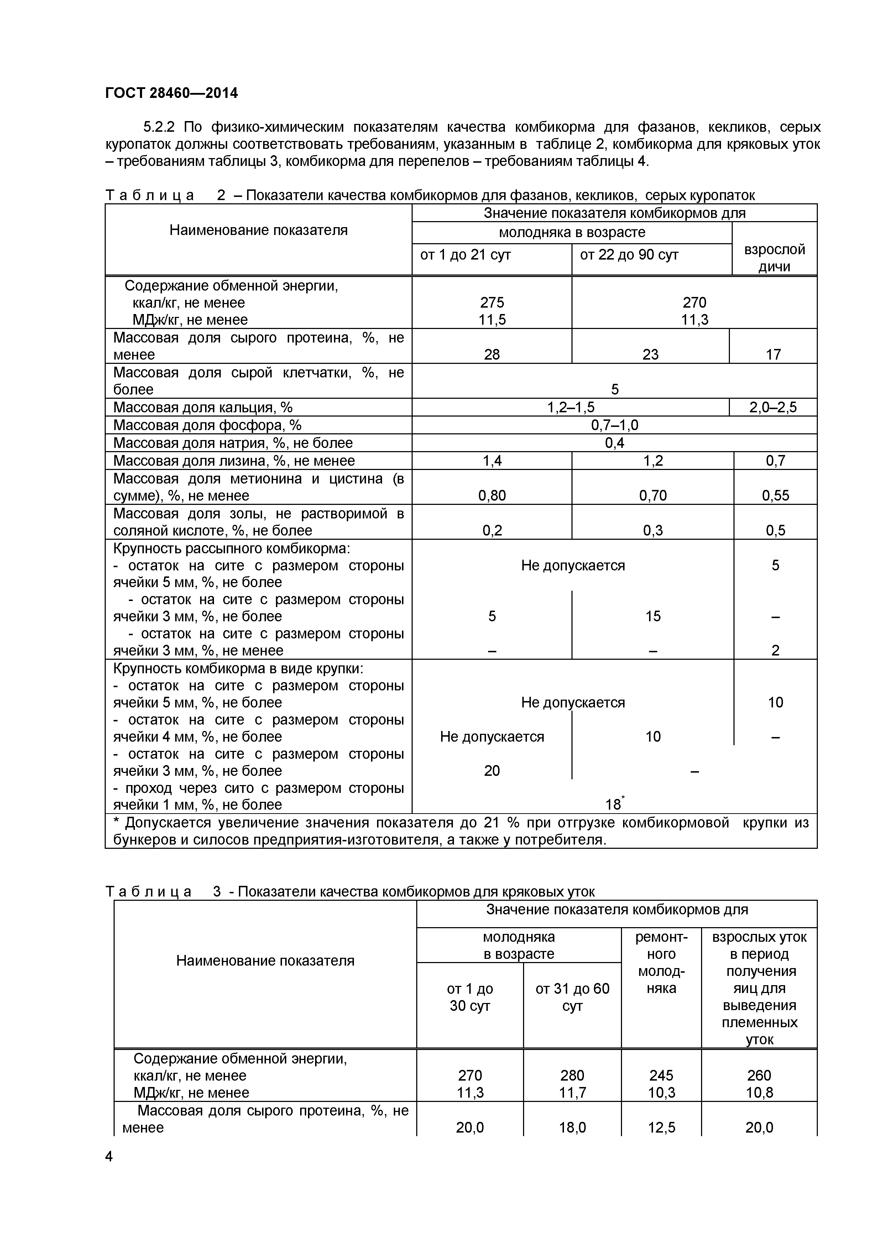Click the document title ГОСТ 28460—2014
pyautogui.click(x=171, y=93)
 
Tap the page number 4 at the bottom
pyautogui.click(x=109, y=1156)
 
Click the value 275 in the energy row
pyautogui.click(x=492, y=302)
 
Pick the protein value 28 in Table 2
pyautogui.click(x=492, y=355)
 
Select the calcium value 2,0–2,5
pyautogui.click(x=773, y=407)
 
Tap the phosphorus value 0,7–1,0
pyautogui.click(x=615, y=425)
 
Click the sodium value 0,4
pyautogui.click(x=615, y=443)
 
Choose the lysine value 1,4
pyautogui.click(x=492, y=461)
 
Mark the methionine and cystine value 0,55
pyautogui.click(x=775, y=496)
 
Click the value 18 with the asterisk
pyautogui.click(x=614, y=805)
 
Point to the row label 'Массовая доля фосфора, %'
pyautogui.click(x=207, y=425)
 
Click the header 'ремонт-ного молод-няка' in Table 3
pyautogui.click(x=661, y=962)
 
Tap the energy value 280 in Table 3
pyautogui.click(x=572, y=1076)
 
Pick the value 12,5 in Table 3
pyautogui.click(x=661, y=1128)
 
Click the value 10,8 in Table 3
pyautogui.click(x=759, y=1092)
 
